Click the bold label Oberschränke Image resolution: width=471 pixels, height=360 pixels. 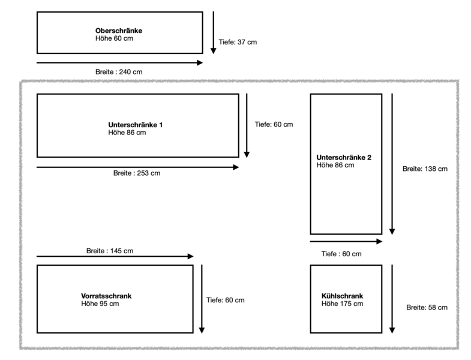point(118,31)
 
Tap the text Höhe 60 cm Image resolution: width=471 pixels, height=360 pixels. point(114,38)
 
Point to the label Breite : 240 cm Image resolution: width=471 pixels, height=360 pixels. point(119,72)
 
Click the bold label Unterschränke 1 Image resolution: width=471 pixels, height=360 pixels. point(136,125)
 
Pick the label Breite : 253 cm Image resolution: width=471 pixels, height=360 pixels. point(137,173)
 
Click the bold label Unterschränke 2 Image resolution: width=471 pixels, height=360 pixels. point(344,157)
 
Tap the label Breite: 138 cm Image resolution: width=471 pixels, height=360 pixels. point(425,169)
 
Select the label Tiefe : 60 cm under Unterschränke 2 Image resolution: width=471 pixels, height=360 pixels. point(341,254)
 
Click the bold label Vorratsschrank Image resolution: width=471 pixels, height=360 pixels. point(106,296)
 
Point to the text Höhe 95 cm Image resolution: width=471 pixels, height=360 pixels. point(100,304)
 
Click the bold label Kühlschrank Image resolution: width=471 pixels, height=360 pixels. point(343,296)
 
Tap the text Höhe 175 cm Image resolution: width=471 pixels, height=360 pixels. point(343,304)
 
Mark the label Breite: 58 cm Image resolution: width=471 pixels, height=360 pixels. point(427,307)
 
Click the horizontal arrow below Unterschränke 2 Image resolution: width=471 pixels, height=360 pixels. point(346,242)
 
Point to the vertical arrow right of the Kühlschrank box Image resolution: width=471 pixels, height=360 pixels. point(392,298)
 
